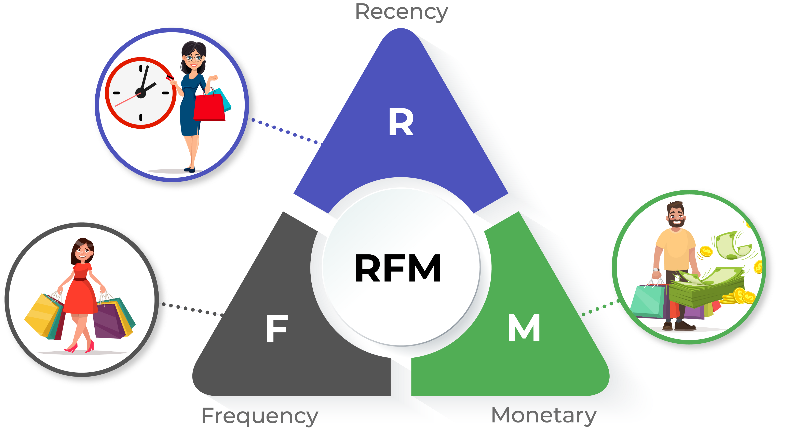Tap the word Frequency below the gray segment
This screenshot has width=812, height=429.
coord(260,416)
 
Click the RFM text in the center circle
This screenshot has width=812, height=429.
coord(398,268)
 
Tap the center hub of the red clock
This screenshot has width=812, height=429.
coord(141,93)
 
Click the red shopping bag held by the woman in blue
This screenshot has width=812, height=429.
coord(209,107)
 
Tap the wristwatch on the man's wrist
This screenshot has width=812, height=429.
coord(656,270)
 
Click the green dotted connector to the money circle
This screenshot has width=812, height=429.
coord(600,308)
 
